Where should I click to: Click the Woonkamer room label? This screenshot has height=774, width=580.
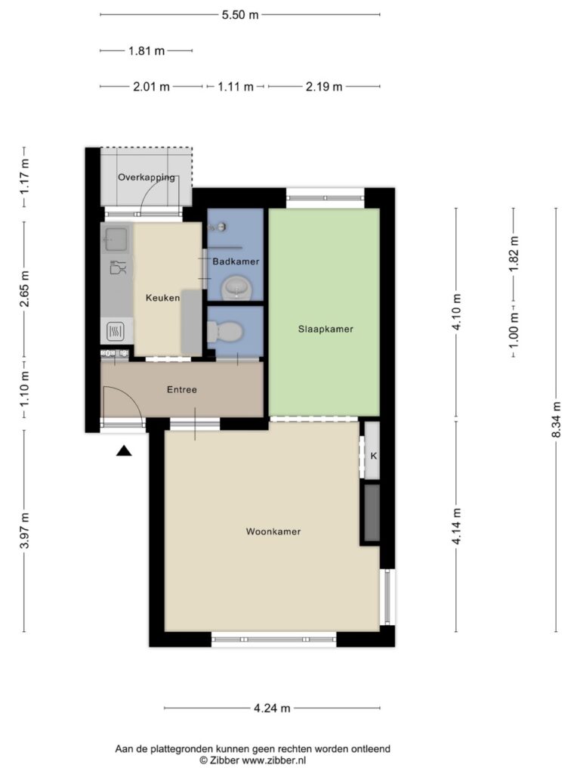(x=273, y=531)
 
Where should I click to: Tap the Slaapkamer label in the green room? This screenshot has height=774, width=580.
(x=325, y=330)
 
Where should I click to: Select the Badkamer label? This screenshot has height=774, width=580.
(x=236, y=262)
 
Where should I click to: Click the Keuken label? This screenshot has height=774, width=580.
(x=163, y=298)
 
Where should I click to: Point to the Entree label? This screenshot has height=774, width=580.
(x=182, y=390)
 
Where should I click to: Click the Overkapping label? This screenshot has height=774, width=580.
(x=147, y=178)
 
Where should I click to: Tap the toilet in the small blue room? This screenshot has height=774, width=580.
(x=225, y=332)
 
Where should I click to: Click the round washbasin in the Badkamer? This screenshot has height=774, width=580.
(x=236, y=288)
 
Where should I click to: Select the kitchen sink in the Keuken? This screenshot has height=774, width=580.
(x=116, y=240)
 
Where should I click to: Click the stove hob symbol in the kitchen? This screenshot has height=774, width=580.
(x=116, y=331)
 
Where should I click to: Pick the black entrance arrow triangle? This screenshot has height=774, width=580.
(x=124, y=450)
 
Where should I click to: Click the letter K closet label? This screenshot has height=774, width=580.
(x=373, y=456)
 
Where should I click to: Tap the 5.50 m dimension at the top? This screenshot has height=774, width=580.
(x=240, y=15)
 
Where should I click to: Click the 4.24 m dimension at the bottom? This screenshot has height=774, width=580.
(x=272, y=708)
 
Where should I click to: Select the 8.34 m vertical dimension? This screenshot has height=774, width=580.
(x=557, y=420)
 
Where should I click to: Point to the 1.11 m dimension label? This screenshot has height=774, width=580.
(x=236, y=87)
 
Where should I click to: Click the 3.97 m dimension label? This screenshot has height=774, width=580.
(x=25, y=530)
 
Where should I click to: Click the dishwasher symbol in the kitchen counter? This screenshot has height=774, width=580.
(x=118, y=268)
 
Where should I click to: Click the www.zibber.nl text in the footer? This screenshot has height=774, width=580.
(x=273, y=760)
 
